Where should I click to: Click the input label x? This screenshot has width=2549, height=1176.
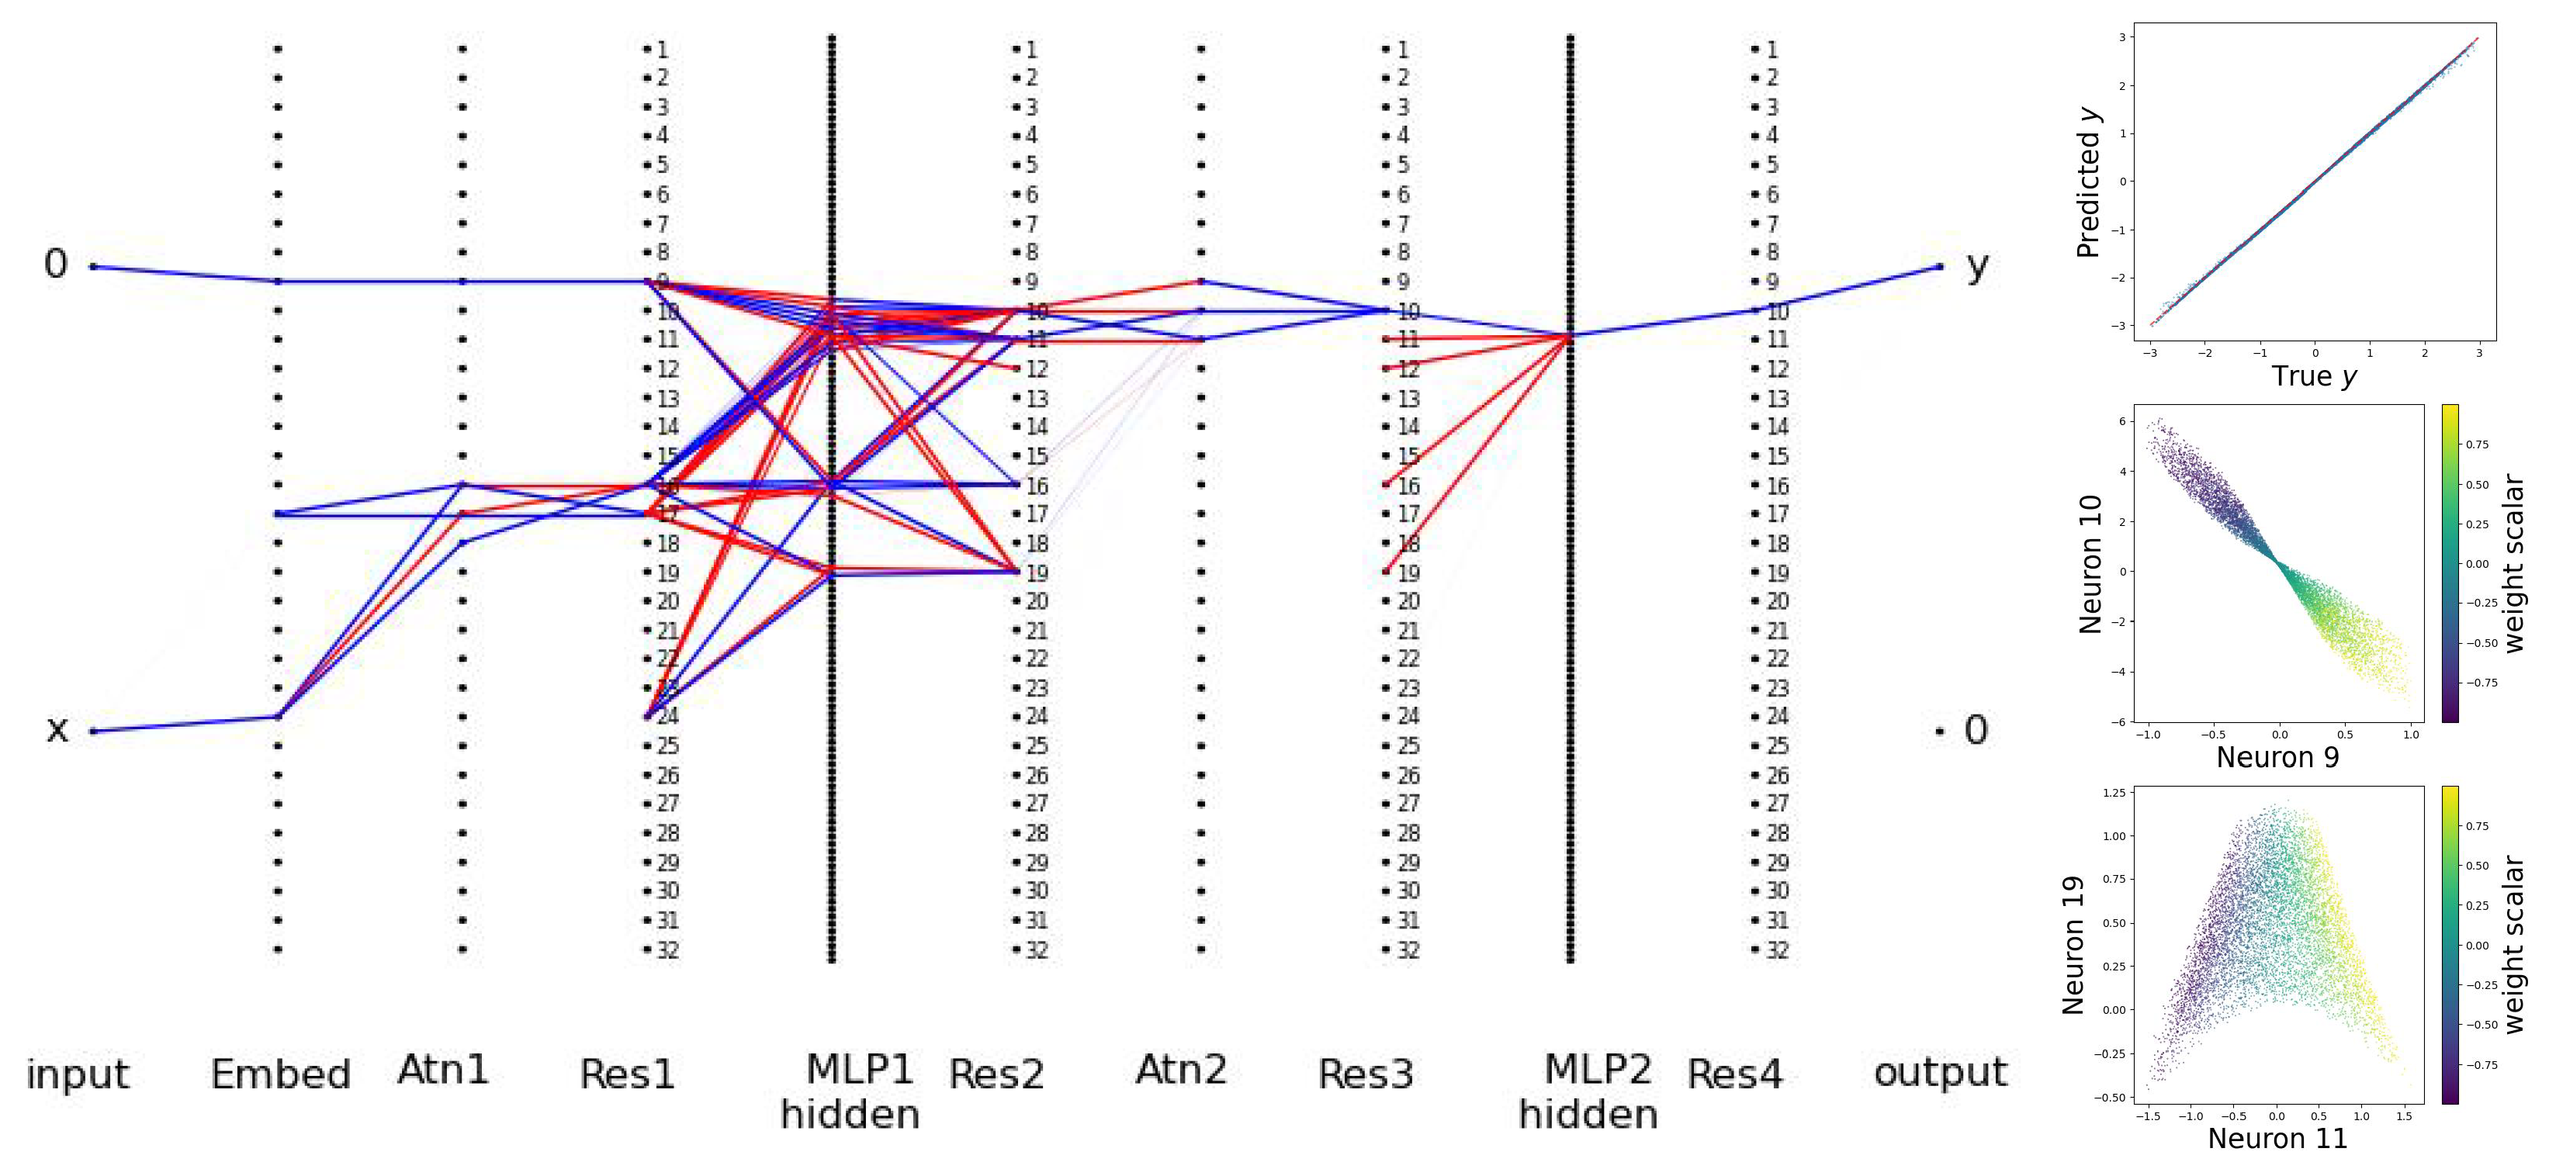57,730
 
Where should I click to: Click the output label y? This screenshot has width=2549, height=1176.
1977,265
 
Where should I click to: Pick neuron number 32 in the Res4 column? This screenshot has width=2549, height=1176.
1777,950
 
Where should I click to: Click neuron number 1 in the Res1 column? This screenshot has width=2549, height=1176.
662,50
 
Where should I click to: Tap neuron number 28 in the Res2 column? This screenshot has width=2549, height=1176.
1036,834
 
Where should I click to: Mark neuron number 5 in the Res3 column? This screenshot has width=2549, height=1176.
1402,165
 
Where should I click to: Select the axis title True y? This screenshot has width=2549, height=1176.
2313,377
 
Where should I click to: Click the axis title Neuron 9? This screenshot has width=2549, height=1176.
2277,758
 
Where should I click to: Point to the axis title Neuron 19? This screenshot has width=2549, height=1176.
2073,945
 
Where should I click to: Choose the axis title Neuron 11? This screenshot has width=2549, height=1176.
2277,1139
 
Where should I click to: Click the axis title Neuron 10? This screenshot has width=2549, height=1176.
2089,564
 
